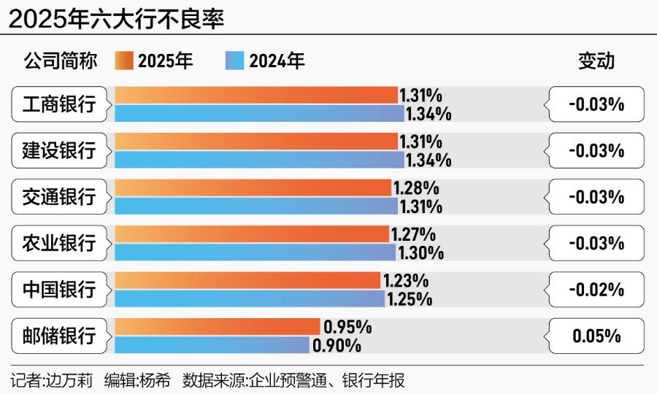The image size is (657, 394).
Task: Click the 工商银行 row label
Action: point(59,104)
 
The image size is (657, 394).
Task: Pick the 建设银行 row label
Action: point(59,151)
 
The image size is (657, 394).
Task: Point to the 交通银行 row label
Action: point(59,197)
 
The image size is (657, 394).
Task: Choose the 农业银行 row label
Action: point(59,243)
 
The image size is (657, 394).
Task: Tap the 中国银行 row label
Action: point(59,290)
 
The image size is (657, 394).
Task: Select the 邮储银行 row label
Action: point(59,336)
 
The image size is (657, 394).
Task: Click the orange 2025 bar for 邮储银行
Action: point(217,327)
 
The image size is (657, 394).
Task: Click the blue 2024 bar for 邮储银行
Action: point(212,345)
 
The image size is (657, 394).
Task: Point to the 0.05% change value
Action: point(596,336)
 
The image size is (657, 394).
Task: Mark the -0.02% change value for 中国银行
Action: point(596,290)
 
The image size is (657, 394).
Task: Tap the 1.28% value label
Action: point(416,188)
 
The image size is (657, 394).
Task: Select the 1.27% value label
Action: point(414,234)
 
